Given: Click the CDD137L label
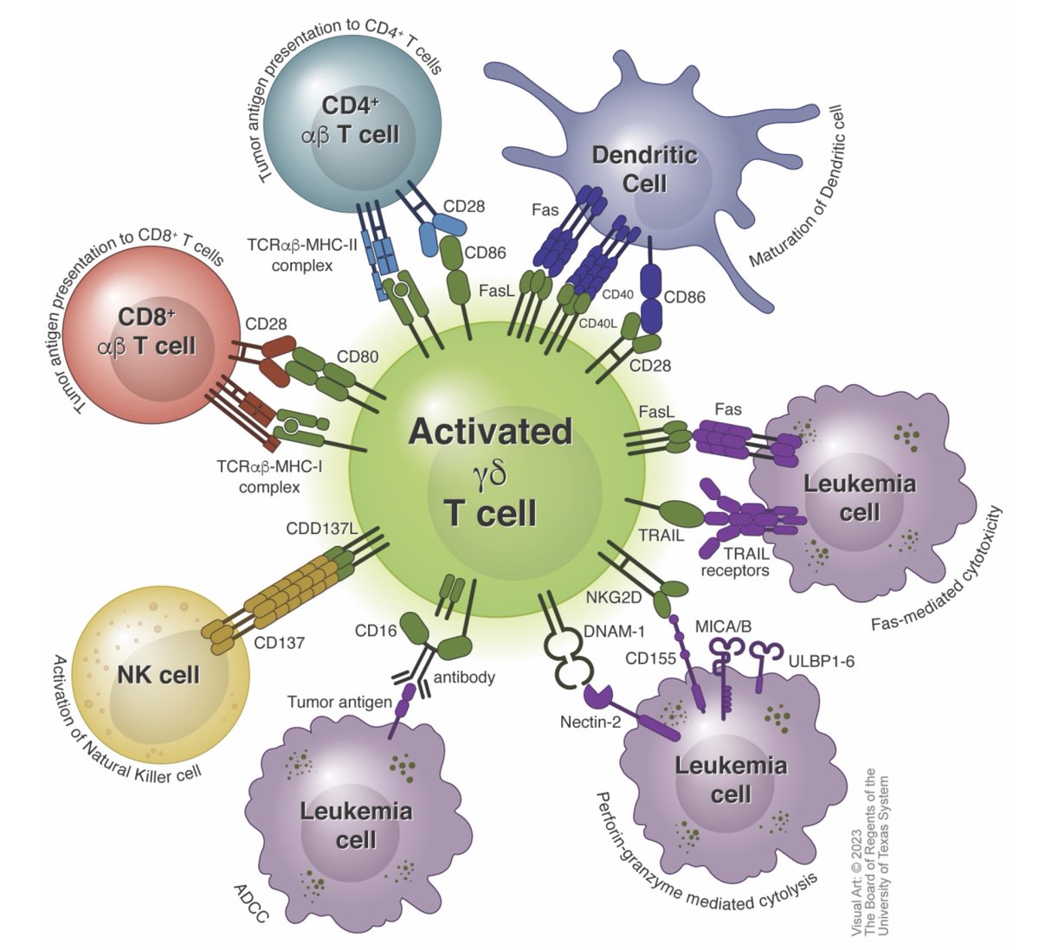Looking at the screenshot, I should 321,528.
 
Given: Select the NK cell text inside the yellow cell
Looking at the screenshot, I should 158,673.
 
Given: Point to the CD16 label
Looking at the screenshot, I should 376,631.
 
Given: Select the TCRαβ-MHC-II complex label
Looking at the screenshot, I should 302,257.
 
